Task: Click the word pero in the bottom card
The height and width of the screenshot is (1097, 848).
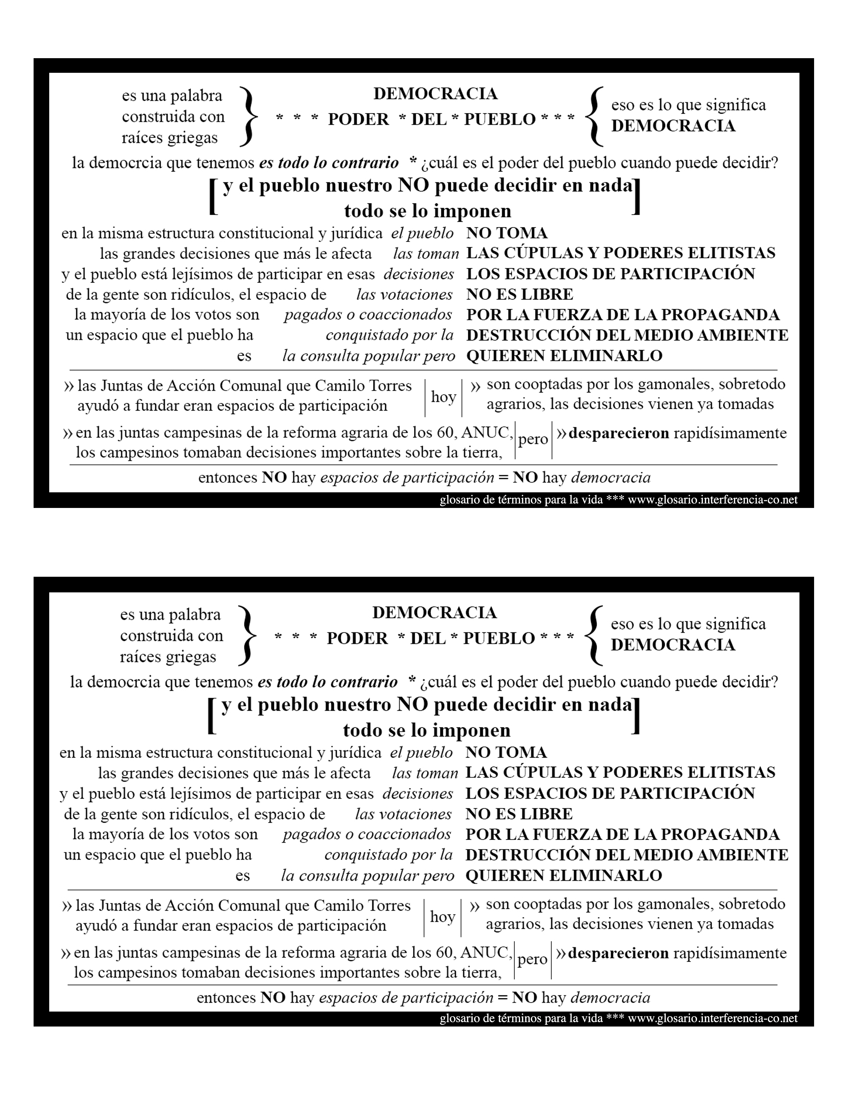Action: coord(532,959)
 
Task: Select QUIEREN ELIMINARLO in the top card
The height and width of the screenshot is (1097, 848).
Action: coord(564,356)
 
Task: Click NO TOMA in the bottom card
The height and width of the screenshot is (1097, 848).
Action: coord(506,752)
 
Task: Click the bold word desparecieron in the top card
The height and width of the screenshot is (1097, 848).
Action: coord(619,433)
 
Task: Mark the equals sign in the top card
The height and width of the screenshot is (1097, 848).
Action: coord(503,477)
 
